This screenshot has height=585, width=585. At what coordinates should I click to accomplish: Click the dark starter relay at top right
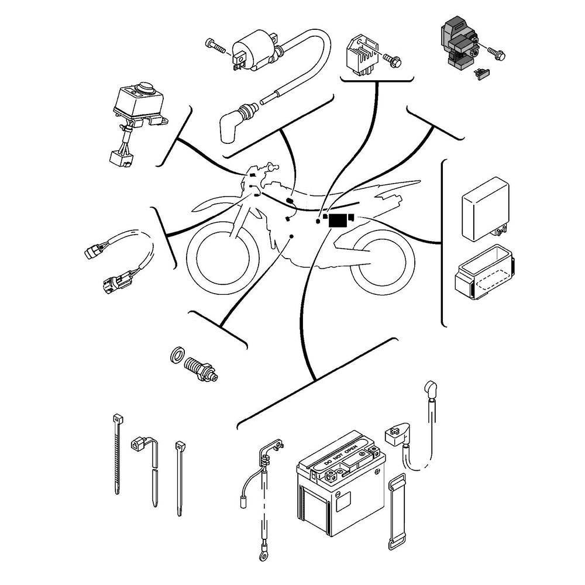click(x=459, y=41)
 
